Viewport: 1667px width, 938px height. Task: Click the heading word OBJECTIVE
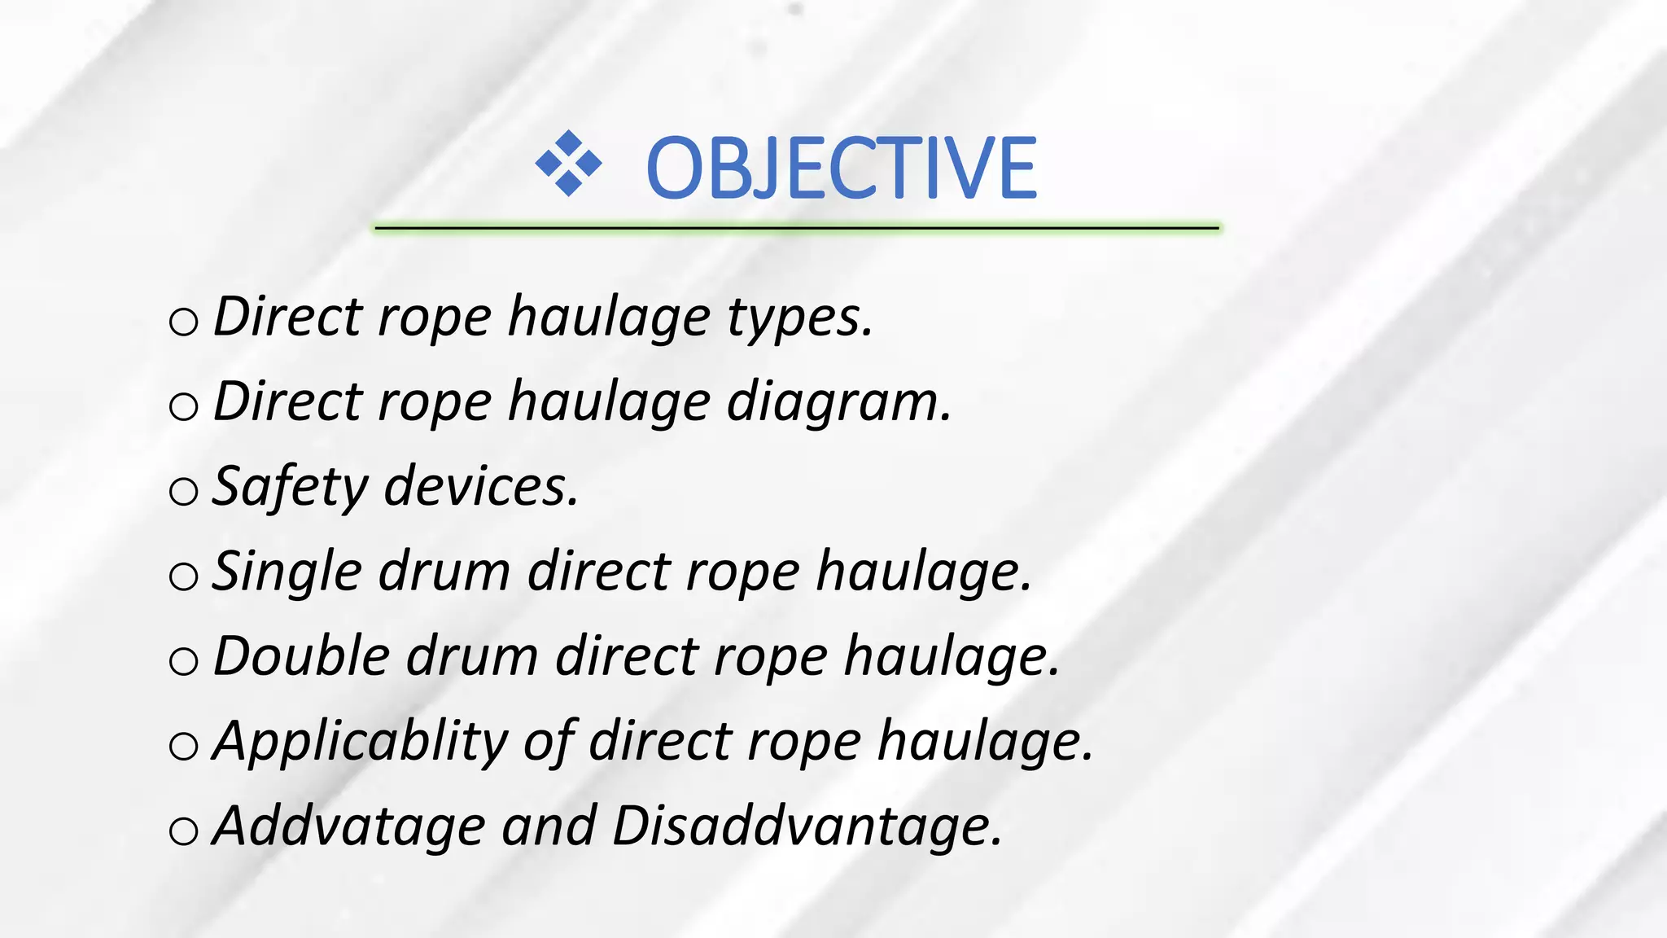point(841,168)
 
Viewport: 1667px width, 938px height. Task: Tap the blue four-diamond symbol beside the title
point(568,164)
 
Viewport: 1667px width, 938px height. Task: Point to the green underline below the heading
point(797,229)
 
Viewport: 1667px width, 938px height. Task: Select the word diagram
point(838,402)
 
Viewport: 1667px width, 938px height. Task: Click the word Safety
point(290,487)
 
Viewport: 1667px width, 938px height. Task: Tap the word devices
point(481,487)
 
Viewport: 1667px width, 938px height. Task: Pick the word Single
point(287,572)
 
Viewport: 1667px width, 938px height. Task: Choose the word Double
point(301,656)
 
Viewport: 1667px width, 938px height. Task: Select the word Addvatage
point(349,826)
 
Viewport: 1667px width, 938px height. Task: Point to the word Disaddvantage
point(807,826)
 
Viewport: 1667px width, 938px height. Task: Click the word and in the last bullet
point(549,826)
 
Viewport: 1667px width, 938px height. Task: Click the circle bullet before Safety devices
point(184,491)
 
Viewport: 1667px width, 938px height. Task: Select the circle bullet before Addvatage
point(184,831)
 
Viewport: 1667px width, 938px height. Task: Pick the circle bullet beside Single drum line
point(184,576)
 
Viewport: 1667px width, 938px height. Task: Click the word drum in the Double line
point(472,656)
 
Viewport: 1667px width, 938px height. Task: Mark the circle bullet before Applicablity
point(184,746)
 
